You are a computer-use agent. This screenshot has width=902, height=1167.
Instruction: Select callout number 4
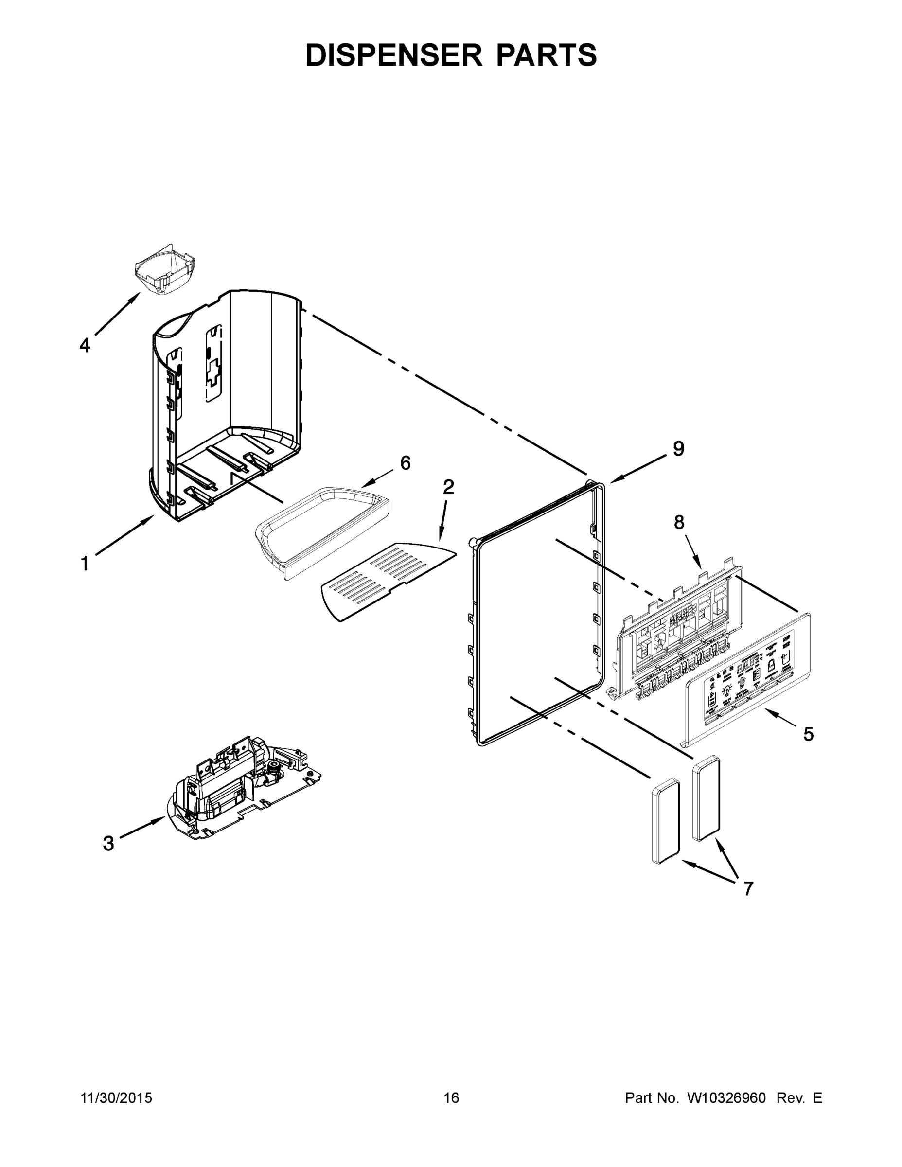pyautogui.click(x=85, y=345)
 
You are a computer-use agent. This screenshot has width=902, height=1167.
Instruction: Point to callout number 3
pyautogui.click(x=108, y=844)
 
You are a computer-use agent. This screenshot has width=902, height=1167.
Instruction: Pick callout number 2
pyautogui.click(x=448, y=487)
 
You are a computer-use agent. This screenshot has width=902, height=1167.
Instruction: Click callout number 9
pyautogui.click(x=678, y=449)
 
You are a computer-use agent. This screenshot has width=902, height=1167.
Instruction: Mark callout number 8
pyautogui.click(x=679, y=523)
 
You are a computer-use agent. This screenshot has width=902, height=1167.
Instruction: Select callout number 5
pyautogui.click(x=809, y=734)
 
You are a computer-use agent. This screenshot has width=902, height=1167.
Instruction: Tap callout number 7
pyautogui.click(x=748, y=888)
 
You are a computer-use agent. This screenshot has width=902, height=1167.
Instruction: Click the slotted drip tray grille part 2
pyautogui.click(x=385, y=582)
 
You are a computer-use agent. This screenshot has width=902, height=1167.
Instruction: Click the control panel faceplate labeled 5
pyautogui.click(x=748, y=679)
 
